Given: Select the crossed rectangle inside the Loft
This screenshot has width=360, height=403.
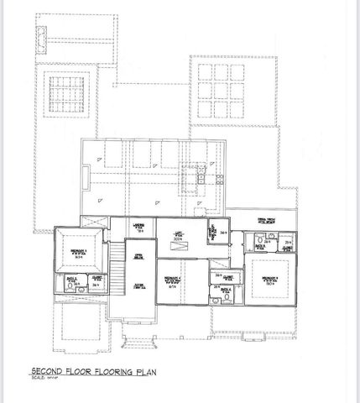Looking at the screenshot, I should click(180, 244).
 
